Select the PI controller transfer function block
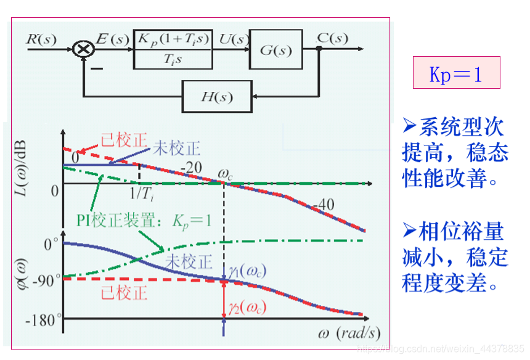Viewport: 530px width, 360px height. pyautogui.click(x=173, y=49)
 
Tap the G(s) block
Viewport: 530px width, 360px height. pyautogui.click(x=275, y=49)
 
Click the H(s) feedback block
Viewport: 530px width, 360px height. pyautogui.click(x=216, y=97)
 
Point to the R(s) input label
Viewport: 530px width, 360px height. pyautogui.click(x=41, y=39)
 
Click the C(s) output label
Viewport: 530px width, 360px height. pyautogui.click(x=332, y=38)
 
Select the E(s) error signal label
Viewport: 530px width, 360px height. pyautogui.click(x=113, y=39)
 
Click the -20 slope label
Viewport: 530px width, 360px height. pyautogui.click(x=191, y=168)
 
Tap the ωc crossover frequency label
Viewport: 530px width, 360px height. pyautogui.click(x=226, y=175)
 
